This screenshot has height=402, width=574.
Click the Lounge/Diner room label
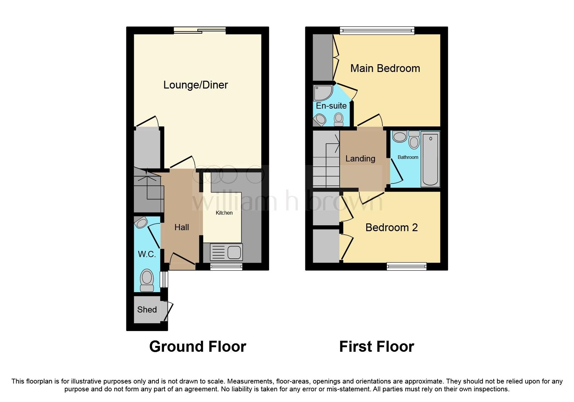(x=195, y=85)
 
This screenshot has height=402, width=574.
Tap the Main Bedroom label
(x=385, y=68)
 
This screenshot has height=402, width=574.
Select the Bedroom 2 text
(x=391, y=228)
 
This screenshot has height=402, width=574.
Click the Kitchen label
(x=224, y=213)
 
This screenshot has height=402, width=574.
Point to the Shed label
(x=147, y=310)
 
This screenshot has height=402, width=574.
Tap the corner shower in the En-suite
(x=322, y=93)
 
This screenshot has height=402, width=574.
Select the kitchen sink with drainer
(x=226, y=252)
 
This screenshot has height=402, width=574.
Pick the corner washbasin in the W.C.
(x=141, y=222)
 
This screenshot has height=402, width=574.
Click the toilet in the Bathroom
(x=414, y=140)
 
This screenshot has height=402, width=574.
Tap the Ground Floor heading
(x=197, y=347)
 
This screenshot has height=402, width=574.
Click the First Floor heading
(x=376, y=347)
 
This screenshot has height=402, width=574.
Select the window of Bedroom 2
(x=406, y=266)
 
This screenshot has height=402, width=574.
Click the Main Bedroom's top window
(x=377, y=31)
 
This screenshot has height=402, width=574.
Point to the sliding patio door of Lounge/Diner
(x=200, y=31)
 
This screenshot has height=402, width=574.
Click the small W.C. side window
(x=165, y=279)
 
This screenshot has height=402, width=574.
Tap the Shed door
(x=169, y=312)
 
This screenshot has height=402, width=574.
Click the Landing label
(x=360, y=159)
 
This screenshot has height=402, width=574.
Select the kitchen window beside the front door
(x=226, y=267)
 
